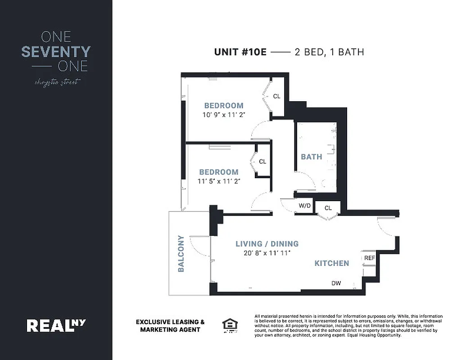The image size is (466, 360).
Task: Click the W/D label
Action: [x=305, y=206]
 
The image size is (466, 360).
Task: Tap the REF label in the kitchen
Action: [x=369, y=258]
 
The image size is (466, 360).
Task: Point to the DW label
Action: [x=336, y=283]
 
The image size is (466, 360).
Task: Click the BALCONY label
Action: [x=181, y=254]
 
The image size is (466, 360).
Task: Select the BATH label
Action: [x=312, y=157]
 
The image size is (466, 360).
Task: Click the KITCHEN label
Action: [x=331, y=263]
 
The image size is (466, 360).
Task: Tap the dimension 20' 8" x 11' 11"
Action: [x=267, y=253]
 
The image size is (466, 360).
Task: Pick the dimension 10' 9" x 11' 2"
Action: [x=224, y=115]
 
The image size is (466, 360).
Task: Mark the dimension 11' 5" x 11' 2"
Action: [x=219, y=181]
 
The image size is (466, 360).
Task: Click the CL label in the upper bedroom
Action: [x=276, y=96]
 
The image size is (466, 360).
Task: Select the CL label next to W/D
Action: [x=328, y=208]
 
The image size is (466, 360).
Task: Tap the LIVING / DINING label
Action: [x=267, y=244]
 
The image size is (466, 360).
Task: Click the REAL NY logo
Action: [x=56, y=325]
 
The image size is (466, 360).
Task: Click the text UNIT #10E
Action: [x=240, y=52]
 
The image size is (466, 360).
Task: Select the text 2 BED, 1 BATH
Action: [x=329, y=52]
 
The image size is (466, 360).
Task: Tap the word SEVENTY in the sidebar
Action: [x=56, y=52]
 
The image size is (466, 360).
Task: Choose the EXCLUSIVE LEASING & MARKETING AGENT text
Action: [x=170, y=326]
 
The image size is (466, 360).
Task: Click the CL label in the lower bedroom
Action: [x=262, y=162]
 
